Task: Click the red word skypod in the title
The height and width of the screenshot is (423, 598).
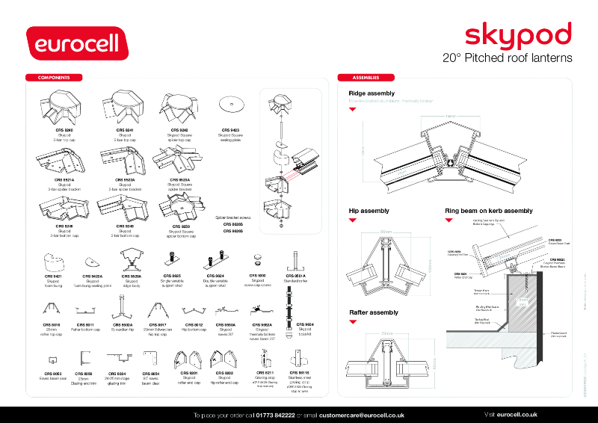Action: (518, 35)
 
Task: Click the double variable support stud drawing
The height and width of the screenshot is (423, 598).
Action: (215, 261)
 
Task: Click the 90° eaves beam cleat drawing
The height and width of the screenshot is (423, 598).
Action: (150, 361)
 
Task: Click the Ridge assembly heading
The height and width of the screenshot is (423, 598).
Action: (372, 93)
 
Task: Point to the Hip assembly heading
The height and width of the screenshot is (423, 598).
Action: (369, 211)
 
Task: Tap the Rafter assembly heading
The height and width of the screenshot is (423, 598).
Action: (373, 312)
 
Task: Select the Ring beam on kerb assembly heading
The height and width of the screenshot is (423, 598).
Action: (489, 211)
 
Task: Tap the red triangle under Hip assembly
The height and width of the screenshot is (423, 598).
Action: (352, 223)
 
